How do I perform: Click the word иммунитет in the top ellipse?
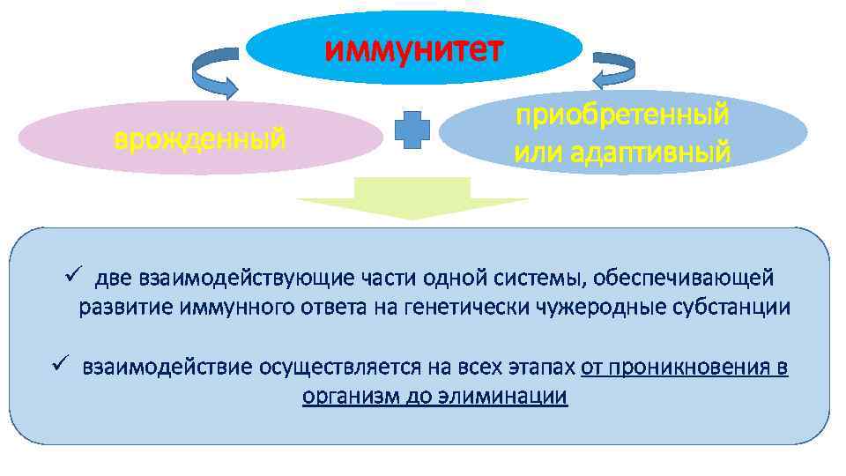click(414, 49)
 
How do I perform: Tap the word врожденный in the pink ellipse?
click(200, 138)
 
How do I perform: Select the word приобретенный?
click(622, 115)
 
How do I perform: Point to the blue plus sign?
click(412, 133)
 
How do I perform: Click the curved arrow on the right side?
click(614, 71)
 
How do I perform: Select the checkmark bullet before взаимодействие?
click(58, 365)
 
